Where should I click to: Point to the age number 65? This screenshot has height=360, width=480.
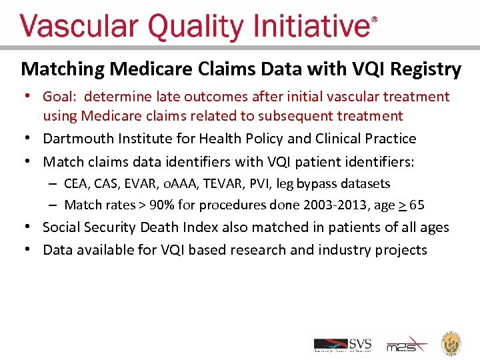(417, 205)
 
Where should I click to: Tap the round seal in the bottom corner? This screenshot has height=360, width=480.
(452, 343)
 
